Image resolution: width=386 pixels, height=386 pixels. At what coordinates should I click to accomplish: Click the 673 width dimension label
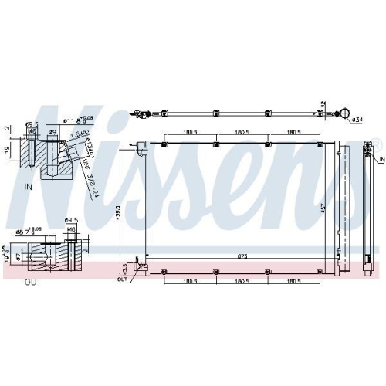click(242, 256)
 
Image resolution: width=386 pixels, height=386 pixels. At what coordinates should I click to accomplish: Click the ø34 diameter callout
click(357, 120)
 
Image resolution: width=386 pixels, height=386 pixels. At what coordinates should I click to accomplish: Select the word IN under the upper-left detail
click(27, 188)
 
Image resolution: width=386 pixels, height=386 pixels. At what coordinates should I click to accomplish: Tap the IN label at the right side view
click(381, 157)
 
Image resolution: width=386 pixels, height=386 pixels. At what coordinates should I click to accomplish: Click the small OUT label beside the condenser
click(122, 279)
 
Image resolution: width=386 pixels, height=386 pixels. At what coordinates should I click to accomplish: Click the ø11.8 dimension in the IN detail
click(71, 120)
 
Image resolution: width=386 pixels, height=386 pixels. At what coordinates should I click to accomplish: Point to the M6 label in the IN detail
click(32, 131)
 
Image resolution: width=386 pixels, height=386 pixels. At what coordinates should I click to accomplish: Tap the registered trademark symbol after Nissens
click(376, 143)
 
